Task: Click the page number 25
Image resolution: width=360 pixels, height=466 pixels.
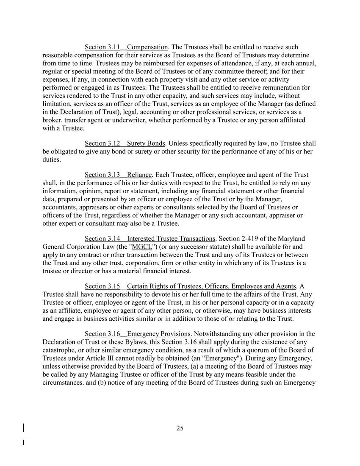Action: [180, 428]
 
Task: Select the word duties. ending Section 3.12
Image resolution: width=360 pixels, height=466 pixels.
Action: [53, 159]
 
